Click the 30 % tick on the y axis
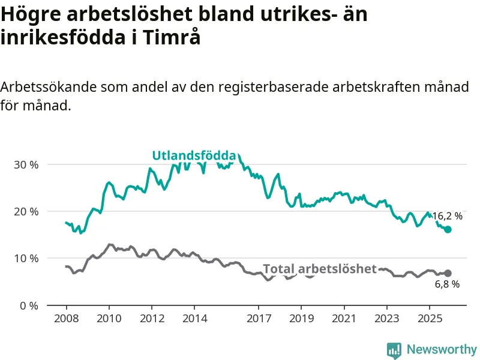click(26, 164)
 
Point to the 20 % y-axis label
click(26, 211)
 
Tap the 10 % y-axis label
click(26, 259)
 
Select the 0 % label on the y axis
click(29, 305)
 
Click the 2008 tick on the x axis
click(66, 316)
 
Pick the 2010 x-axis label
click(109, 316)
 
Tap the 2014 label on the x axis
click(194, 316)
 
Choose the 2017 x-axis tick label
click(259, 316)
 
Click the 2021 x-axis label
click(344, 316)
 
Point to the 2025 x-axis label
click(430, 316)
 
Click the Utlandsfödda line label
click(194, 156)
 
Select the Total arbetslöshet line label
click(320, 269)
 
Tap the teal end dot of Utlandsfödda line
click(448, 229)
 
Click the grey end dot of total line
click(448, 274)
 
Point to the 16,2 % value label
click(447, 216)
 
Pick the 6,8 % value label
click(447, 284)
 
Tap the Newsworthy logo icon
click(394, 350)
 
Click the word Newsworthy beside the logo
click(442, 349)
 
